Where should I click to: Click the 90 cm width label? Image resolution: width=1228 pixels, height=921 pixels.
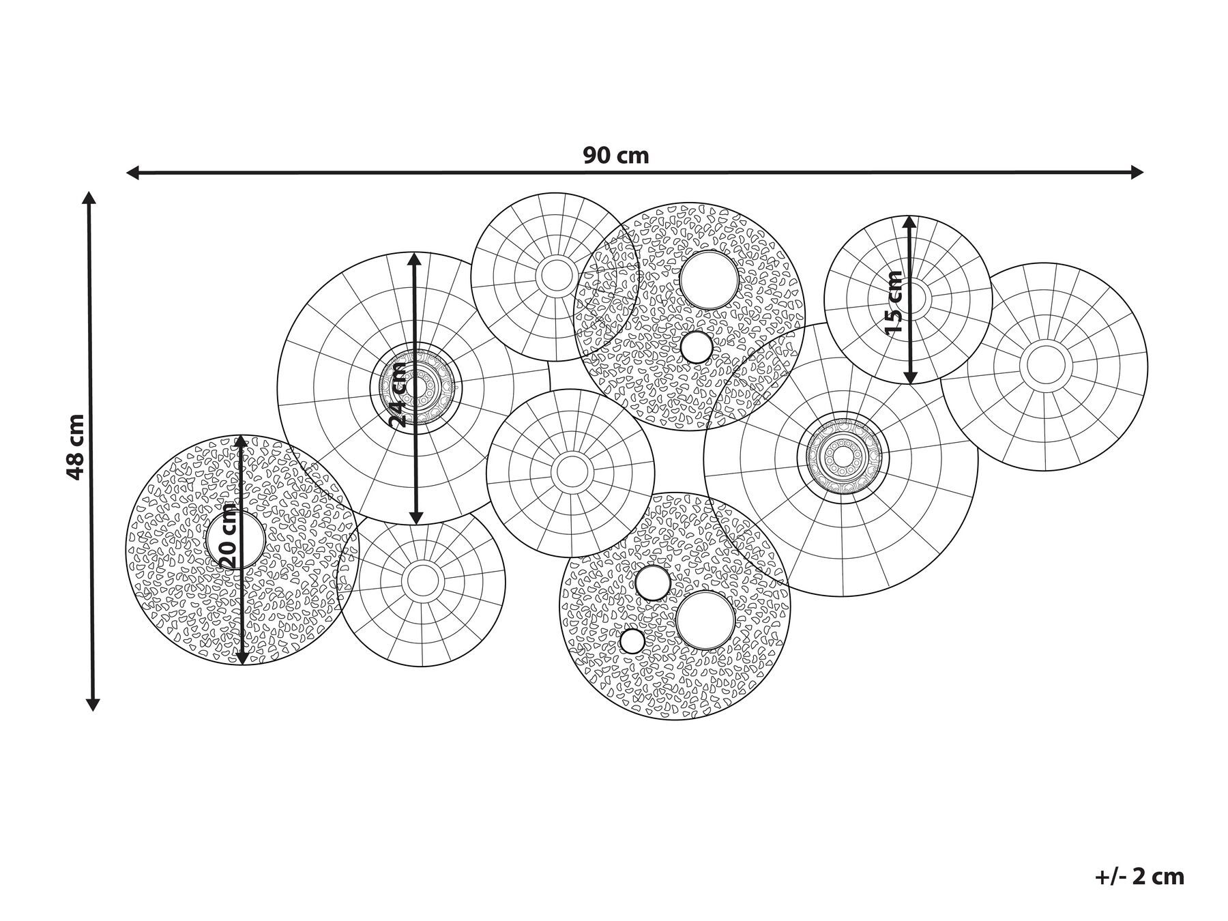pyautogui.click(x=615, y=156)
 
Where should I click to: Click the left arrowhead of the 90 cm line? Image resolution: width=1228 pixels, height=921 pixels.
pyautogui.click(x=134, y=173)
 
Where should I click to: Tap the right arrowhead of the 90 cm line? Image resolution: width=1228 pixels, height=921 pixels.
pyautogui.click(x=1137, y=173)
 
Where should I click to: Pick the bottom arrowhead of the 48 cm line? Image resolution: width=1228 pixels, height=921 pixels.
pyautogui.click(x=93, y=703)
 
